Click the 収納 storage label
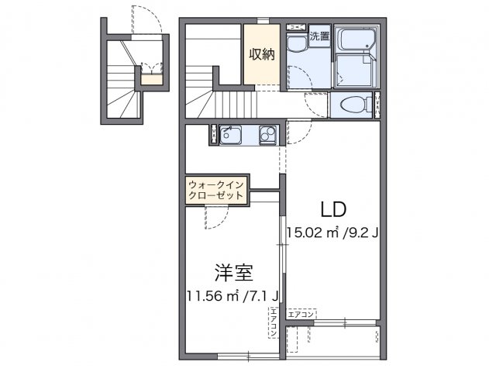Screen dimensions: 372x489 click(261, 54)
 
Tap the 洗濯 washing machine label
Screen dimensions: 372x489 click(319, 36)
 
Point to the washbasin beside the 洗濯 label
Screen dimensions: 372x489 click(296, 45)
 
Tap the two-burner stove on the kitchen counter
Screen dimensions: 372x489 click(267, 135)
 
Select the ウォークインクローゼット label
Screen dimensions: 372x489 click(216, 190)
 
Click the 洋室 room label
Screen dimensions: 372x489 click(233, 273)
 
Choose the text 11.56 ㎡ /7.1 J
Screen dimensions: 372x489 click(232, 295)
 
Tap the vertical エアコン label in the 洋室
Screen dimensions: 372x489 click(274, 324)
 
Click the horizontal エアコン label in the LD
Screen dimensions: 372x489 click(301, 314)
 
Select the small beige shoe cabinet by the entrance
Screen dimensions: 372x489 click(153, 77)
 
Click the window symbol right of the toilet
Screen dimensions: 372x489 click(377, 105)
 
